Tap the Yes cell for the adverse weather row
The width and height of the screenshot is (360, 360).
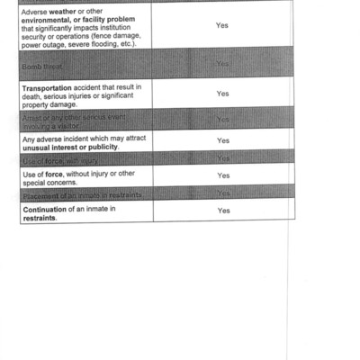click(222, 25)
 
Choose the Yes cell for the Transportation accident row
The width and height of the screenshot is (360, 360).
click(222, 94)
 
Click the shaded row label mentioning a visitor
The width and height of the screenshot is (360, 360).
click(63, 122)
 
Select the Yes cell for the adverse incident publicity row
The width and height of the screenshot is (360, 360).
click(222, 140)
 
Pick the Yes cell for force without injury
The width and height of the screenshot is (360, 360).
click(222, 175)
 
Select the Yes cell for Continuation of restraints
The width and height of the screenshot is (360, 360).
click(222, 211)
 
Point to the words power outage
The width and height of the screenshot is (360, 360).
click(47, 41)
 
